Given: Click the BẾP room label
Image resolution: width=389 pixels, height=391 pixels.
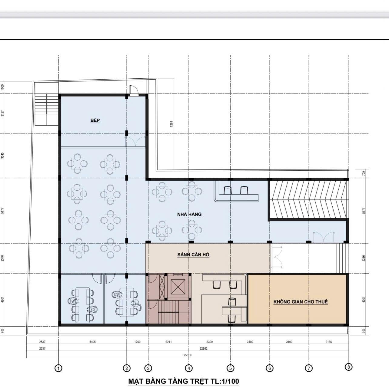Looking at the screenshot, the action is click(95, 120).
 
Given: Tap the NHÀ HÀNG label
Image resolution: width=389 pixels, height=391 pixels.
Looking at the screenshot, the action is click(189, 214).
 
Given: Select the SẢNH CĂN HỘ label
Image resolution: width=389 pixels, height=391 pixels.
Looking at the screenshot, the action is click(193, 255).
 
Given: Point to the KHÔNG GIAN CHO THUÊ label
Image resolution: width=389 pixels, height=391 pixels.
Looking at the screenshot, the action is click(301, 302).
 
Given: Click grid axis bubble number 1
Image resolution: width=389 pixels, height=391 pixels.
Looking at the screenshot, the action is click(58, 368).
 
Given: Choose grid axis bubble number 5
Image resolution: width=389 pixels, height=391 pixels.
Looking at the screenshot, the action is click(230, 368).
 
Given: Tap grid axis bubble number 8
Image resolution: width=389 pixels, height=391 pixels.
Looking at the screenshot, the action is click(349, 367).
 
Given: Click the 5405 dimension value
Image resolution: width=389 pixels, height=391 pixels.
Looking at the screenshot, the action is click(92, 342).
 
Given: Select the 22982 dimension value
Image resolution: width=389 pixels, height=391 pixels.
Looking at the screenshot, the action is click(203, 348).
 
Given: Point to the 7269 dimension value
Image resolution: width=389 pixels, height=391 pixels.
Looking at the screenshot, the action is click(171, 124).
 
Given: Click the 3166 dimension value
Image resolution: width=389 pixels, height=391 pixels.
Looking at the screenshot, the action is click(329, 342).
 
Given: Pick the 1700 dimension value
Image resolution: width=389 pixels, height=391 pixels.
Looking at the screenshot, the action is click(137, 342).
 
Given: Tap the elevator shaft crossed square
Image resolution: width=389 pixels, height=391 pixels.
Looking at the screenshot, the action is click(178, 287).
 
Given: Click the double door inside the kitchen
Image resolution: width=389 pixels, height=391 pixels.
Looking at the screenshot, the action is click(135, 141).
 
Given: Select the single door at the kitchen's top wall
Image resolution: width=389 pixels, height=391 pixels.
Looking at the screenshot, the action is click(134, 90).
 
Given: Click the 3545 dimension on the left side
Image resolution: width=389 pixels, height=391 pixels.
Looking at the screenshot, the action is click(2, 156).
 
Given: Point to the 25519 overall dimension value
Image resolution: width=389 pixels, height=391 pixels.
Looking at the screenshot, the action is click(187, 355).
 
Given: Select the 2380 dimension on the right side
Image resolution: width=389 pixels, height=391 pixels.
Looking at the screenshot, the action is click(364, 258).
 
